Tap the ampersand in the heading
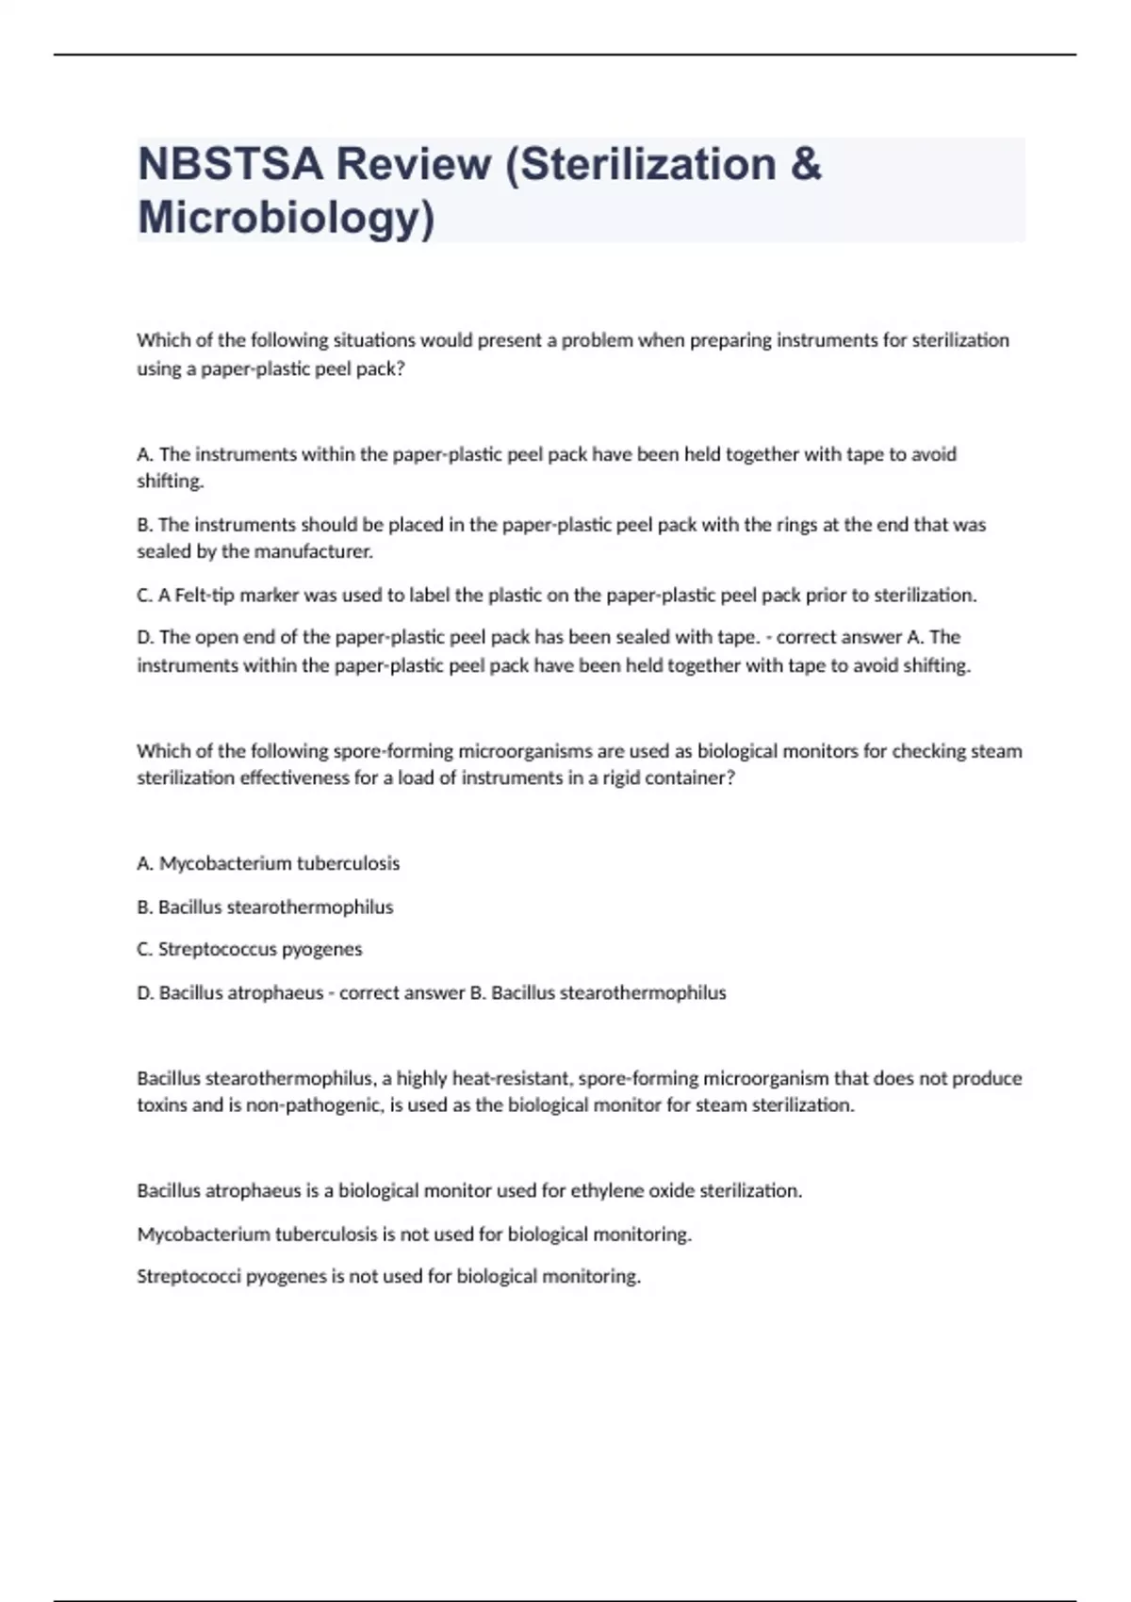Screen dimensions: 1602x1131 807,164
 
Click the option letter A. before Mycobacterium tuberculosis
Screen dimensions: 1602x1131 145,863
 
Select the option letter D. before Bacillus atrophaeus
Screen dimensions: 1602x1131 145,992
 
